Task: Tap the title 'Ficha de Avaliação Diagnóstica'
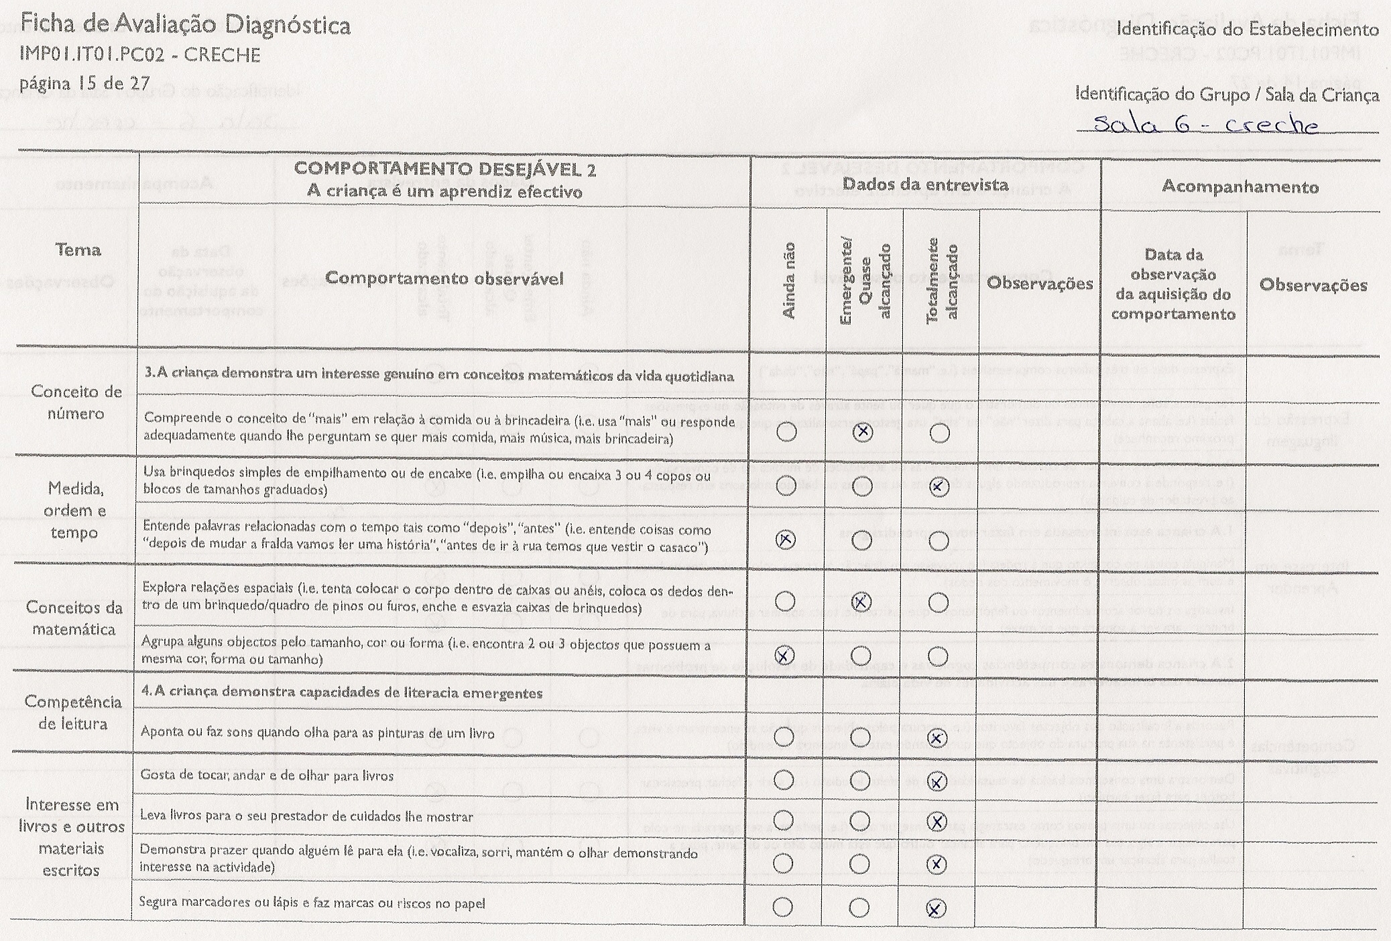(185, 25)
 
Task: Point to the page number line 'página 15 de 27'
(84, 83)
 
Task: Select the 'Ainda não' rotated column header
(788, 280)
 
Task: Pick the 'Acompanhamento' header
(1240, 186)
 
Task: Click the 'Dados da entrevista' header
(925, 184)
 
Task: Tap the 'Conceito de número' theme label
(76, 402)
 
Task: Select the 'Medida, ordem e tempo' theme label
(74, 510)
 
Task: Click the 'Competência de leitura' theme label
(73, 712)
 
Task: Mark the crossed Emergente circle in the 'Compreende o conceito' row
(863, 432)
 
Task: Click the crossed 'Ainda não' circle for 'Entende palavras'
(786, 539)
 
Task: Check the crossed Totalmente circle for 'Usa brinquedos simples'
(940, 486)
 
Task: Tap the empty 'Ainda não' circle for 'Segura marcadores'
(782, 907)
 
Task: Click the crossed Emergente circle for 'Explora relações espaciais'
(861, 602)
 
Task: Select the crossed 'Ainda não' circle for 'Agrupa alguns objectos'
(784, 655)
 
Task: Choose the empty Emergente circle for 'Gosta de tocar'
(859, 780)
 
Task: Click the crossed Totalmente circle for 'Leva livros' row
(937, 821)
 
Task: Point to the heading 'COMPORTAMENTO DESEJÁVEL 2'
(444, 169)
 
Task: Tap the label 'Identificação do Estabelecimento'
(1248, 30)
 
